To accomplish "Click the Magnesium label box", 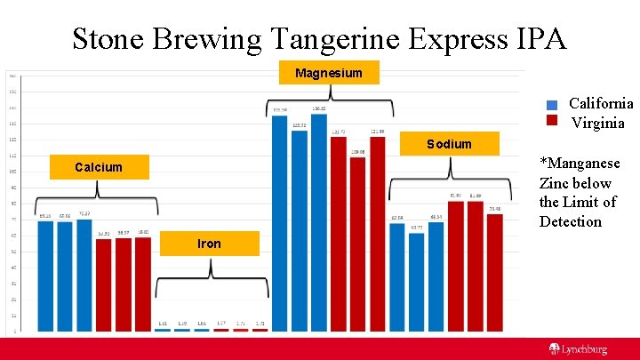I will coord(329,72).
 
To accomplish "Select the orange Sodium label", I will coord(449,144).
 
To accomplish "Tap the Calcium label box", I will coord(99,167).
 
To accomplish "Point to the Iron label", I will coord(210,244).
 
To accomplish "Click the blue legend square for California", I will coord(551,105).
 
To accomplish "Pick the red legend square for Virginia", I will coord(551,122).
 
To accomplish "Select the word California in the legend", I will coord(601,104).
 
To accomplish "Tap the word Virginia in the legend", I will coord(598,123).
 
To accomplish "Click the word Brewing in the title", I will coord(206,39).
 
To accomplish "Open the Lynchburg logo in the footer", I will coord(578,349).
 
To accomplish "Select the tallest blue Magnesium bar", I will coord(318,222).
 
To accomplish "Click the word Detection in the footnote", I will coord(570,221).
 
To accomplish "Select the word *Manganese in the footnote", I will coord(580,164).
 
